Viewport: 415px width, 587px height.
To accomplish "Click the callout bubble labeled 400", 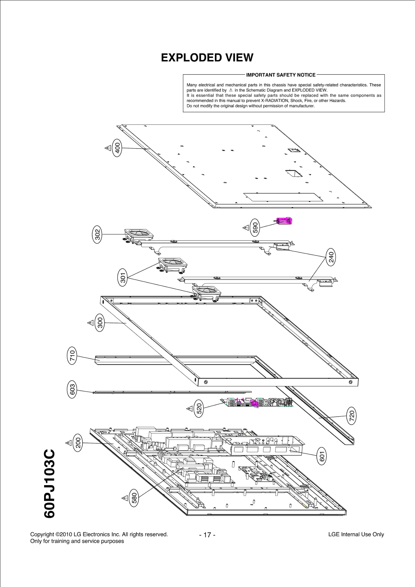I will tap(117, 148).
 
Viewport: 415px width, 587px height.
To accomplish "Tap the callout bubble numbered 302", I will tap(97, 235).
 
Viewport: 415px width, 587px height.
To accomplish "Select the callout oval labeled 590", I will tap(255, 228).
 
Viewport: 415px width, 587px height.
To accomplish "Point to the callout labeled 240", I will tap(331, 257).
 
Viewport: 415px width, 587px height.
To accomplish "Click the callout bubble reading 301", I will tap(123, 278).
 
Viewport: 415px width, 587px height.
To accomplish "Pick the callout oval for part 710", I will tap(72, 356).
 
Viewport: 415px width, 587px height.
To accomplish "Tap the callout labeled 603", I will tap(72, 389).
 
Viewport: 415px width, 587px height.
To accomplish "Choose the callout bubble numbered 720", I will tap(352, 416).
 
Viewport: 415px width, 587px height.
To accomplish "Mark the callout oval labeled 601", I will tap(321, 456).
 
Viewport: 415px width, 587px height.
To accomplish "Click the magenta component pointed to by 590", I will tap(284, 221).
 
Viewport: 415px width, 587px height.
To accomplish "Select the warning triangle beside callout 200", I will tap(68, 443).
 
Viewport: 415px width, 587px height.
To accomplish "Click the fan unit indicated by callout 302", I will tap(139, 235).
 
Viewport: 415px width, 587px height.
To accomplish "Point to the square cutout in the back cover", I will tap(294, 174).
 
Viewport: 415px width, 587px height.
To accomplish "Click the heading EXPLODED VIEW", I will tap(207, 58).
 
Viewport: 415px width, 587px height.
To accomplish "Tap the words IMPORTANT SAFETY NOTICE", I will tap(281, 75).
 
